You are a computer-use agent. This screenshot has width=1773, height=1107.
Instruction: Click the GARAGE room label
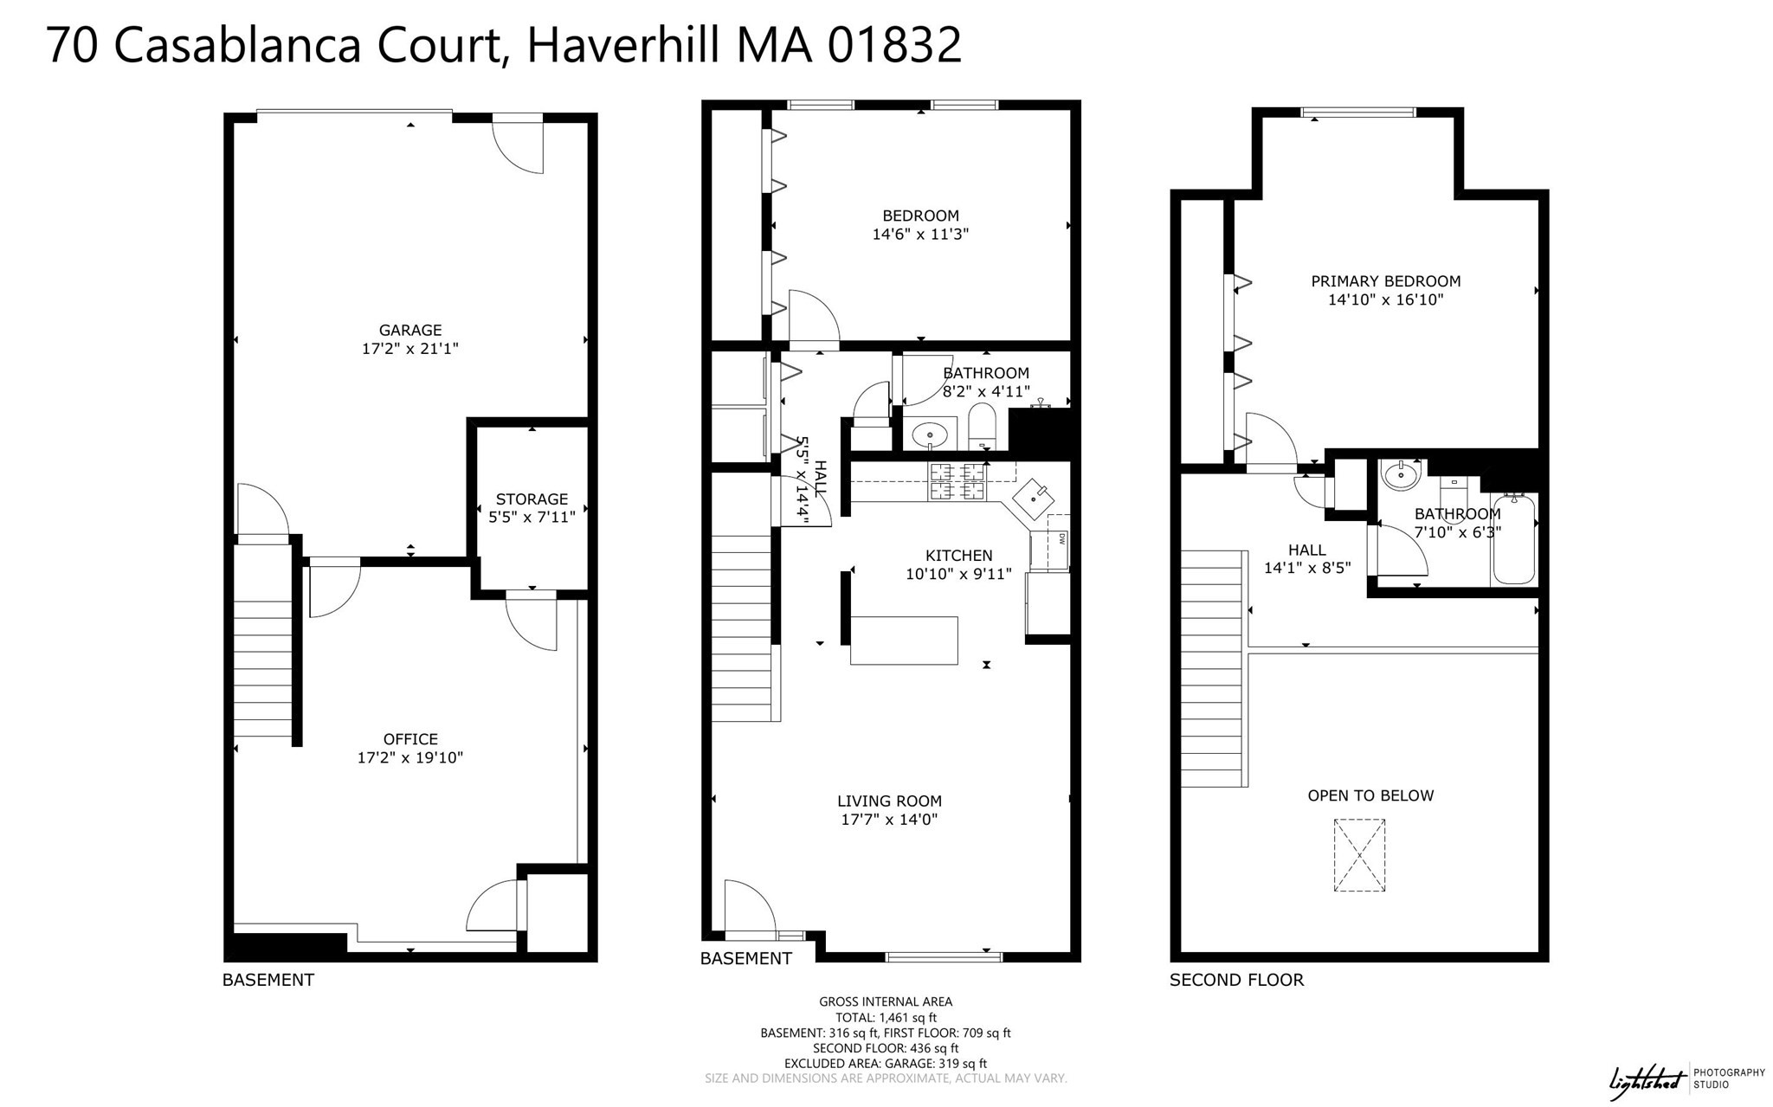click(x=409, y=330)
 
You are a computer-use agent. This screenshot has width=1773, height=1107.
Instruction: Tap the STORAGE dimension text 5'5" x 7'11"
click(x=532, y=518)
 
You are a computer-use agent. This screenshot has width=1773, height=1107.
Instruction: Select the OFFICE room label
click(x=409, y=738)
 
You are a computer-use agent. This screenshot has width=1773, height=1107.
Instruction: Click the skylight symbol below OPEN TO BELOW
click(x=1358, y=855)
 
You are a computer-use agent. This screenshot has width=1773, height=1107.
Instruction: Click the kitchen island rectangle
click(x=904, y=640)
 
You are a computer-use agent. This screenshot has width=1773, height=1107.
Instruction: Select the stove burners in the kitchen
click(x=957, y=482)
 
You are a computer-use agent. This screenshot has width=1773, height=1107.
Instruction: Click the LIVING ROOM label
click(x=889, y=801)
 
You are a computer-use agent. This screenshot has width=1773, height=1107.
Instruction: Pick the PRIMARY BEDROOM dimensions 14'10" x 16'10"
click(x=1385, y=300)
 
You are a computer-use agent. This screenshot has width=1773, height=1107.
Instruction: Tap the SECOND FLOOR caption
click(x=1235, y=980)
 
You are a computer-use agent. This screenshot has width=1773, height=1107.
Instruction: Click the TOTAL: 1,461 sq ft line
click(x=885, y=1018)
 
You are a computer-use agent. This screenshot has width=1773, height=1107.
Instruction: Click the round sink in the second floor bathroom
click(x=1399, y=474)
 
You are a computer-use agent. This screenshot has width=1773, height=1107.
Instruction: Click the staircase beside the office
click(x=263, y=666)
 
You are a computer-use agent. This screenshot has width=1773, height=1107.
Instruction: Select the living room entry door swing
click(x=750, y=909)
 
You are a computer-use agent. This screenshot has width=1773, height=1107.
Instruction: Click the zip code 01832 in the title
click(x=894, y=45)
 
